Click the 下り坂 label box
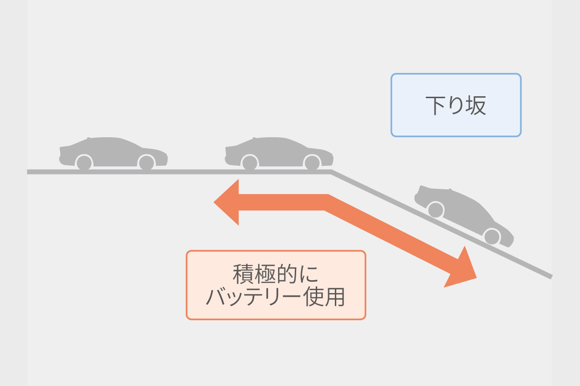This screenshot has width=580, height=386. tap(456, 105)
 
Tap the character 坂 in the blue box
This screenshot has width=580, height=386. tap(476, 105)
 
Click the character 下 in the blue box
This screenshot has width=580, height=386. tap(436, 105)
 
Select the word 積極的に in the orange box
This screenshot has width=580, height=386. tap(276, 274)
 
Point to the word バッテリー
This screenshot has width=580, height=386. tap(253, 297)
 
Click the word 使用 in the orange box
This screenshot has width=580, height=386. tap(324, 297)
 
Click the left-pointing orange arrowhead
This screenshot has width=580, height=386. tap(226, 203)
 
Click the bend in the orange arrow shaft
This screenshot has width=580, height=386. tap(326, 203)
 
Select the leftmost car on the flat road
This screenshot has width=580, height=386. tap(113, 153)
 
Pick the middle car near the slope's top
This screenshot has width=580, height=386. tap(279, 153)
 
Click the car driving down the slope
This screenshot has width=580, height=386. tap(464, 215)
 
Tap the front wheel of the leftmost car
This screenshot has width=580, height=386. tap(146, 163)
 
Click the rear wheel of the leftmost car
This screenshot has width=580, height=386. tap(84, 163)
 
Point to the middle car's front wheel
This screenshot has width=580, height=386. tap(312, 163)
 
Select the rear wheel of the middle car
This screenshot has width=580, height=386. tap(249, 163)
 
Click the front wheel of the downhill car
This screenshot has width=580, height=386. tap(492, 236)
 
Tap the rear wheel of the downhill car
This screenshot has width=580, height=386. tap(436, 210)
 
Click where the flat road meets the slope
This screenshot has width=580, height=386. tap(331, 172)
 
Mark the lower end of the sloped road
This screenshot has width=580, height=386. tap(551, 277)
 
